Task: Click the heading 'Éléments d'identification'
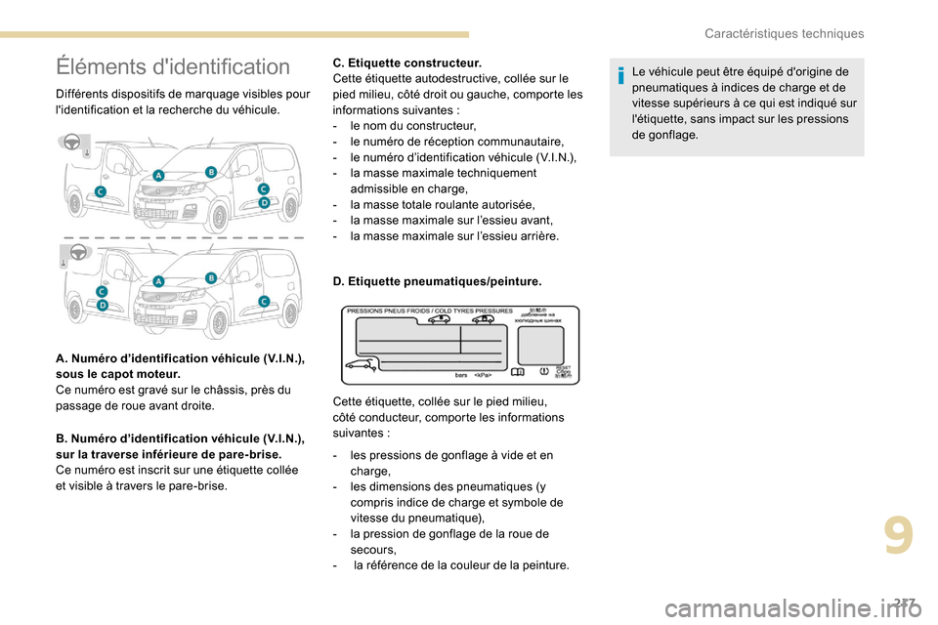pos(173,67)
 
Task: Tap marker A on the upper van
pos(158,176)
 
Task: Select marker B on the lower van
pos(210,278)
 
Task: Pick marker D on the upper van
pos(263,202)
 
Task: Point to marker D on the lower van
pos(102,305)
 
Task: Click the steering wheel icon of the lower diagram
pos(75,252)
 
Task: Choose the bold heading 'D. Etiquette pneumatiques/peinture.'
pos(438,281)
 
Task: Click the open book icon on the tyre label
pos(520,371)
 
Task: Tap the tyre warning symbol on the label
pos(542,371)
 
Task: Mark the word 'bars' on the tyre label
pos(462,374)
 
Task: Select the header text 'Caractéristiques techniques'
pos(785,33)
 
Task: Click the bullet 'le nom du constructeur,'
pos(408,126)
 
